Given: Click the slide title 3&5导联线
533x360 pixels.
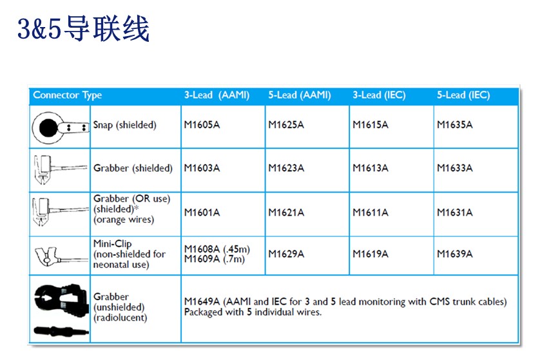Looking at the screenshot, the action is click(x=83, y=29).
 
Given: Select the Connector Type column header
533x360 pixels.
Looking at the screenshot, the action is click(x=67, y=95).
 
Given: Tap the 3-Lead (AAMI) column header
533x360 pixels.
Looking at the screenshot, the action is click(x=217, y=95).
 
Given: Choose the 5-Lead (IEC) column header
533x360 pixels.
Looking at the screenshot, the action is click(x=463, y=95).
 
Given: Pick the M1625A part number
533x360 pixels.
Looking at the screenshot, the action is click(x=286, y=125).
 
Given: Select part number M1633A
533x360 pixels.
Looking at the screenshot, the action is click(x=455, y=168).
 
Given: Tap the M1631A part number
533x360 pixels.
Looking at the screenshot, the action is click(x=455, y=213).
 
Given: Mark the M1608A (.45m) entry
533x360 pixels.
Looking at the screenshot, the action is click(x=217, y=249).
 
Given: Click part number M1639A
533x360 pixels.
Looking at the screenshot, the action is click(x=455, y=254).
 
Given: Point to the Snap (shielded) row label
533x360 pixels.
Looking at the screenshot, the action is click(x=125, y=125).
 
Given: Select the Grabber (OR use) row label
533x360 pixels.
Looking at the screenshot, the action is click(x=132, y=199).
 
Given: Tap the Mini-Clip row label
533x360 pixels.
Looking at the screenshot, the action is click(x=112, y=243).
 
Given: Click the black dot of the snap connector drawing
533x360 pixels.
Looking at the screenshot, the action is click(x=48, y=128).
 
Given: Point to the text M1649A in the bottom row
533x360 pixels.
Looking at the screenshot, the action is click(x=202, y=301).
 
